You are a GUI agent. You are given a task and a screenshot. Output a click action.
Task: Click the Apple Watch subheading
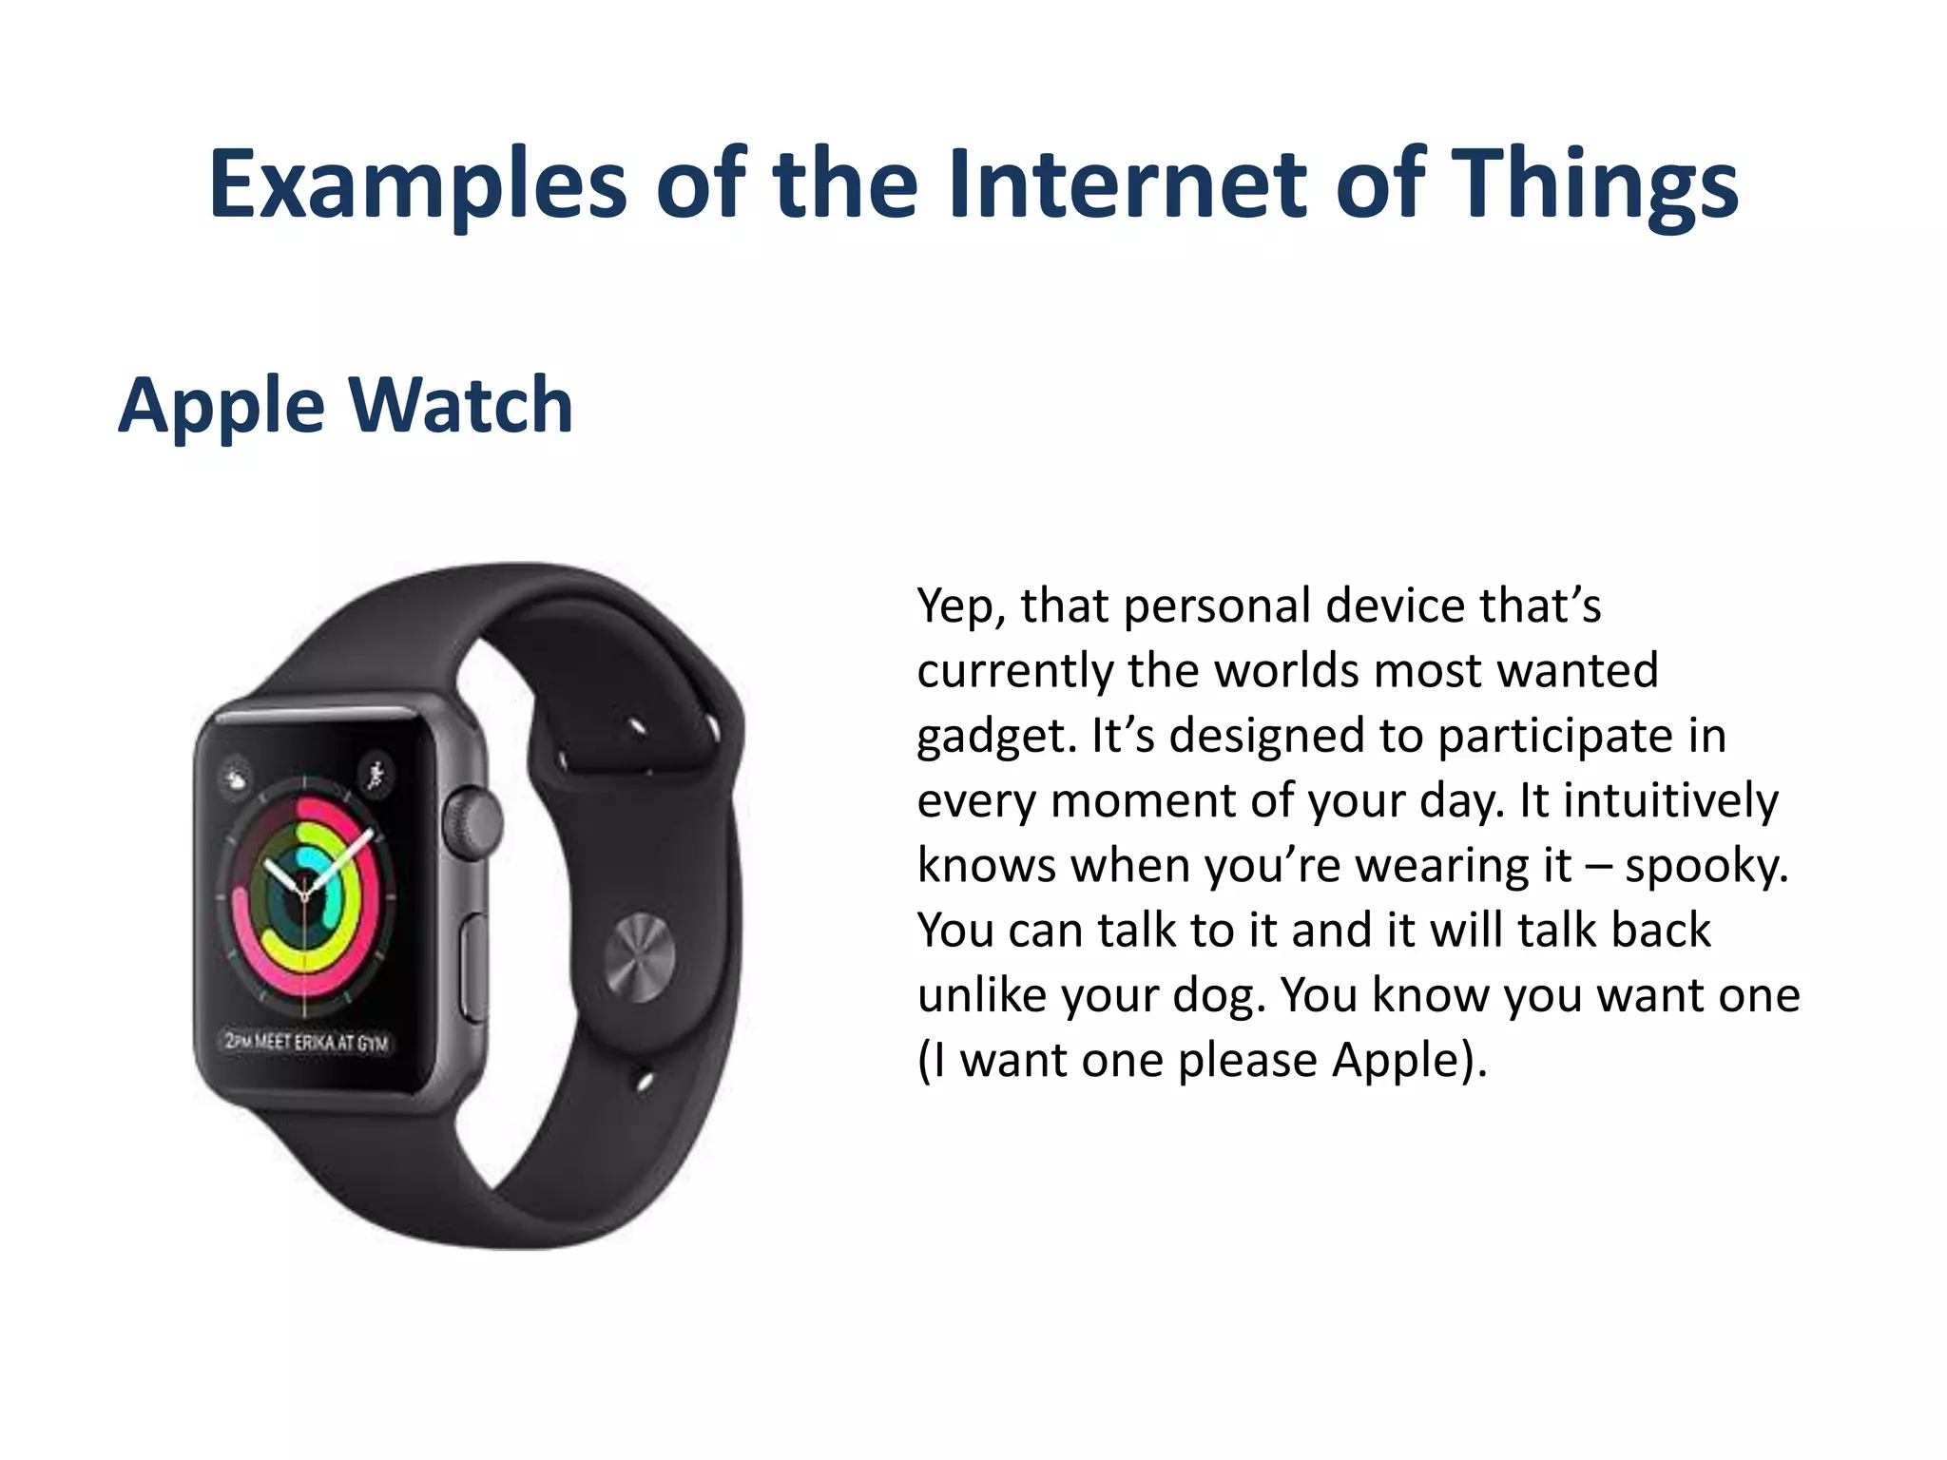[345, 406]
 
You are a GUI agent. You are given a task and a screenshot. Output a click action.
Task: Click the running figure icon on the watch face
[376, 775]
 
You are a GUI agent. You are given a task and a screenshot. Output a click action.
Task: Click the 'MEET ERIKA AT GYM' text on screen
[319, 1042]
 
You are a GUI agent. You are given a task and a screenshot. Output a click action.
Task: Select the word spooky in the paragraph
[1705, 866]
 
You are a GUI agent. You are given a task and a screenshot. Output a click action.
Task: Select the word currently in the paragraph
[1013, 671]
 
